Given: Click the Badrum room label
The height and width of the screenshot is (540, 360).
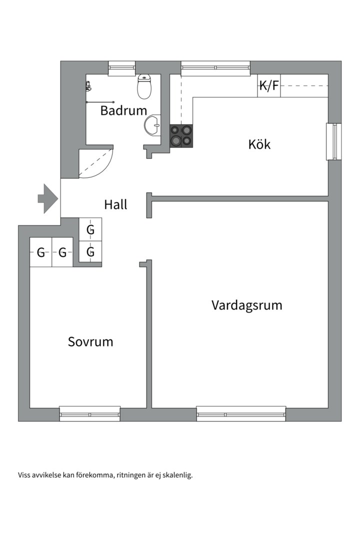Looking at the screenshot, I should tap(123, 110).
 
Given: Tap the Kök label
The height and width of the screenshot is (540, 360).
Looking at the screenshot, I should tap(259, 144).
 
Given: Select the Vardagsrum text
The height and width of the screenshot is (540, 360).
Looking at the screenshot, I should tap(246, 305).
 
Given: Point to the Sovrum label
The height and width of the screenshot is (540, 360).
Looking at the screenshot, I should tap(90, 342).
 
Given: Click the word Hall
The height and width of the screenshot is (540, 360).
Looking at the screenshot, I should tap(115, 204).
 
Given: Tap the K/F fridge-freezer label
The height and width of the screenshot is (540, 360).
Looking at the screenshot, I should tap(268, 86).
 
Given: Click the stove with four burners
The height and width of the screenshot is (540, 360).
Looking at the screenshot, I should tap(181, 135).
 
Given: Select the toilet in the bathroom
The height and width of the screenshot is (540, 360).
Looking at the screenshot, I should tap(144, 87).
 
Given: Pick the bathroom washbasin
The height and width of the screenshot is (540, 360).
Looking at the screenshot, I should tap(152, 125).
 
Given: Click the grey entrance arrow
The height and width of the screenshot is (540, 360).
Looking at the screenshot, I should tap(48, 198).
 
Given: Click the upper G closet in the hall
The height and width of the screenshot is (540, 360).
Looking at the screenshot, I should tap(90, 230).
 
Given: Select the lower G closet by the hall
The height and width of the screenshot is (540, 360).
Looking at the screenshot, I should tap(90, 252).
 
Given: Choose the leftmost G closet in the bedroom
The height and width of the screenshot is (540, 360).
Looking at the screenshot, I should tap(40, 252).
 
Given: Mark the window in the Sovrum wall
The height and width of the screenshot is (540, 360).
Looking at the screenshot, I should tap(90, 413).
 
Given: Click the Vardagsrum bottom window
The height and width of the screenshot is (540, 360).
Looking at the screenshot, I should tap(241, 413).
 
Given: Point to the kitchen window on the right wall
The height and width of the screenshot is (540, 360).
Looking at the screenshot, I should tap(332, 141).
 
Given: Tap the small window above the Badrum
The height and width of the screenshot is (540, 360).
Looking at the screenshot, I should tap(122, 67).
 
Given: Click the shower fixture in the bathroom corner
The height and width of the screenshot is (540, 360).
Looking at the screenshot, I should tap(89, 86).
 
